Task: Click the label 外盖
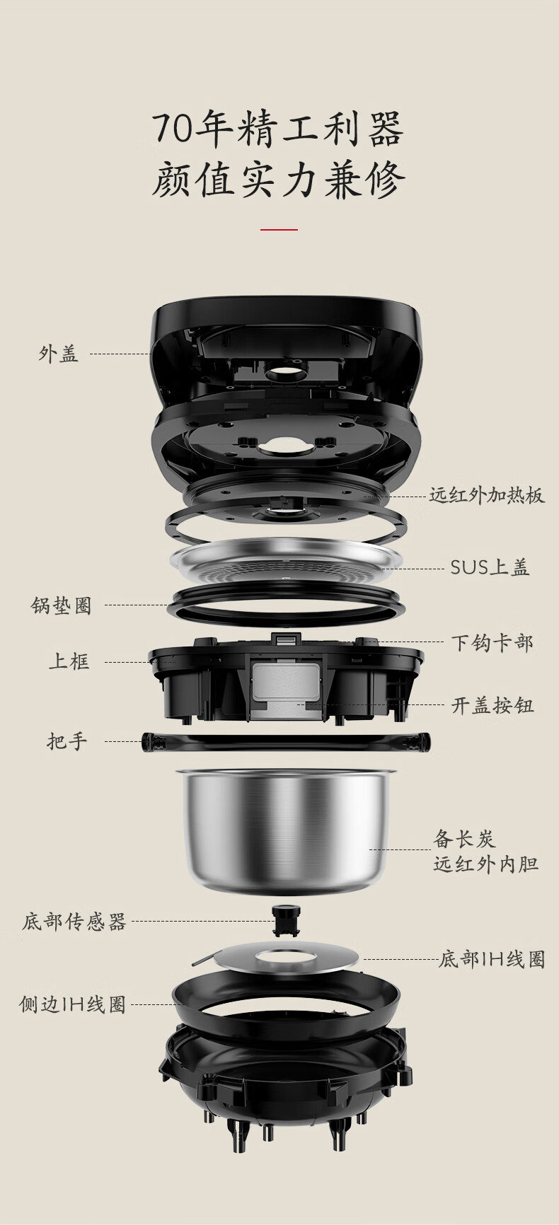click(x=58, y=354)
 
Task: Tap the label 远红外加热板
click(x=487, y=495)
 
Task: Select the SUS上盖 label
click(x=490, y=567)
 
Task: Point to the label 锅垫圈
click(x=62, y=605)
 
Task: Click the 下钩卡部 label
click(x=492, y=643)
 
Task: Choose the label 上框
click(x=69, y=662)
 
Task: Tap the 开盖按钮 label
click(x=492, y=705)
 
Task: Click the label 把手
click(x=67, y=741)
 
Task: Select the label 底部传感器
click(x=74, y=922)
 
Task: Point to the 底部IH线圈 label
click(x=492, y=960)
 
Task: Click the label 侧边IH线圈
click(x=72, y=1004)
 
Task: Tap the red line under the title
click(x=279, y=229)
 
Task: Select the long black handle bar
click(x=287, y=742)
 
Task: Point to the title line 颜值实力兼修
click(x=279, y=180)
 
